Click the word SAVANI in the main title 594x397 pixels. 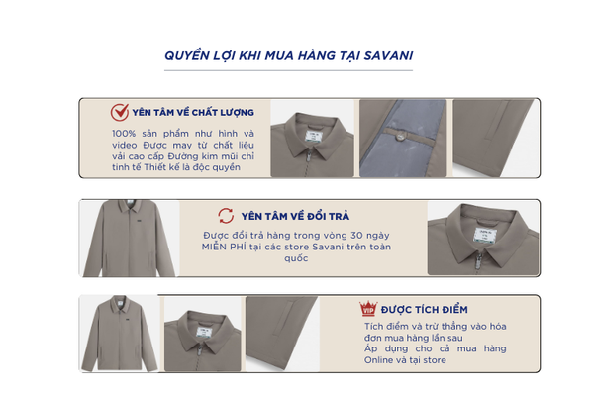tap(388, 56)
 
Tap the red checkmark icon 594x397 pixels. tap(120, 112)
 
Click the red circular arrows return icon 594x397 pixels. tap(226, 216)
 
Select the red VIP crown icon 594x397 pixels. tap(368, 308)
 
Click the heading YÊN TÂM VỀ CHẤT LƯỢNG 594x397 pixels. tap(193, 112)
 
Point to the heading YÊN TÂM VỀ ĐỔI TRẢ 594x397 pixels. tap(295, 216)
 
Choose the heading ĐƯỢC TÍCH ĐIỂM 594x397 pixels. tap(425, 310)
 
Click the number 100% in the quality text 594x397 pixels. tap(124, 134)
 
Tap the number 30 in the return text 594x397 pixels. tap(356, 236)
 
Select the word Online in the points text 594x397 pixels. tap(378, 360)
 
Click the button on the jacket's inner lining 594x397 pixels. tap(399, 136)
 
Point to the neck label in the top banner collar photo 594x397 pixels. tap(313, 136)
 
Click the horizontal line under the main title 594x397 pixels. tap(288, 70)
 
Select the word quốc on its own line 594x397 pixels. tap(296, 258)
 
